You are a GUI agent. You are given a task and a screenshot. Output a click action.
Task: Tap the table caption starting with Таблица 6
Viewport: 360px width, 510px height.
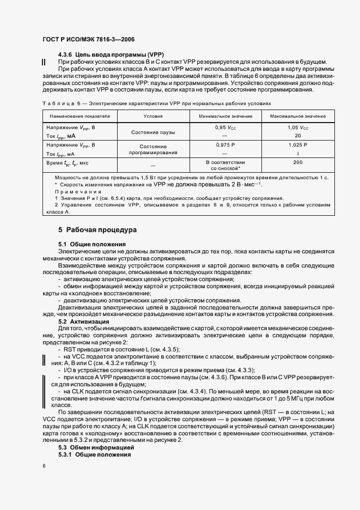point(155,102)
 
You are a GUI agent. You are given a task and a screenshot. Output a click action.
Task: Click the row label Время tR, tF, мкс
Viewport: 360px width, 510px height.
point(68,163)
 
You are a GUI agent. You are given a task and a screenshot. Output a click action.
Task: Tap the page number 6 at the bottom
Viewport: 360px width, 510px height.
point(44,466)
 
